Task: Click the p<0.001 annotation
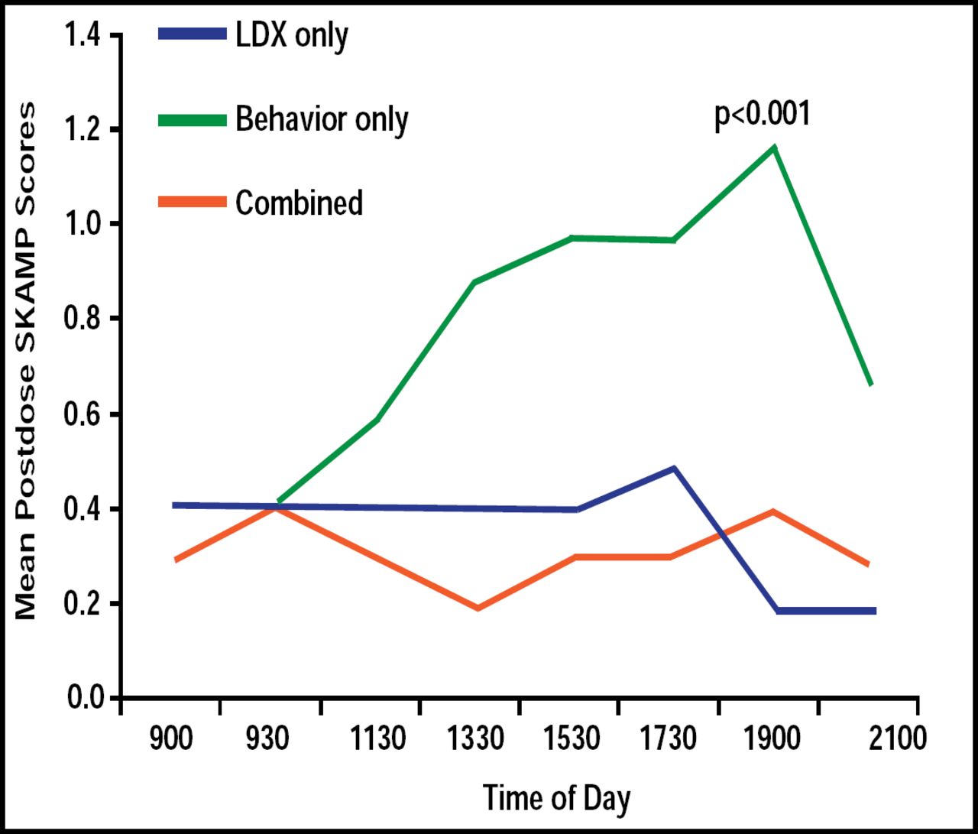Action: pyautogui.click(x=762, y=115)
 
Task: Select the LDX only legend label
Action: pyautogui.click(x=292, y=35)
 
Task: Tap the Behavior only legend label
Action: pyautogui.click(x=322, y=119)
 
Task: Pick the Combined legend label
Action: pyautogui.click(x=299, y=203)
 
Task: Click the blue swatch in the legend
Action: pyautogui.click(x=193, y=34)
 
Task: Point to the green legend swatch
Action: pyautogui.click(x=193, y=120)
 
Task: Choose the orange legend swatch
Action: pyautogui.click(x=193, y=203)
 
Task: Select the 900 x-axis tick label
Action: pyautogui.click(x=171, y=739)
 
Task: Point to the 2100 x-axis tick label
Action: pyautogui.click(x=898, y=739)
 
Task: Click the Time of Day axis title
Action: pyautogui.click(x=557, y=798)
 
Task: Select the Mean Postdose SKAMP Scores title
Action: pyautogui.click(x=26, y=362)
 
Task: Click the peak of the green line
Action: pyautogui.click(x=775, y=146)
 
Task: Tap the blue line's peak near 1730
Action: pyautogui.click(x=674, y=468)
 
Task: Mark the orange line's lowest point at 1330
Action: pyautogui.click(x=478, y=608)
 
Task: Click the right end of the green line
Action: pyautogui.click(x=871, y=384)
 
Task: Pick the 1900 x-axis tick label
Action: pyautogui.click(x=772, y=739)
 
